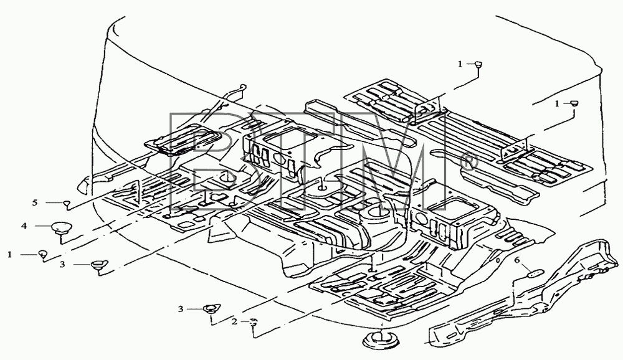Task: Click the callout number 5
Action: point(35,202)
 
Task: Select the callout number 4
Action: point(24,225)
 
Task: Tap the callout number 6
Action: point(517,260)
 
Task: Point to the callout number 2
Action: point(234,321)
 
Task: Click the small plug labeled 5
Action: point(67,204)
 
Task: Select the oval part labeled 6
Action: point(535,274)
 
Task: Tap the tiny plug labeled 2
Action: point(254,321)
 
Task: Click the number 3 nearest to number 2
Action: point(181,309)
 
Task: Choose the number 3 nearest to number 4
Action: point(62,264)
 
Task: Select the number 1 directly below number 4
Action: point(10,255)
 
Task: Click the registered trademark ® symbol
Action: point(467,164)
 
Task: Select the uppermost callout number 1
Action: point(460,64)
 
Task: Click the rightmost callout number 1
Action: point(557,104)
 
